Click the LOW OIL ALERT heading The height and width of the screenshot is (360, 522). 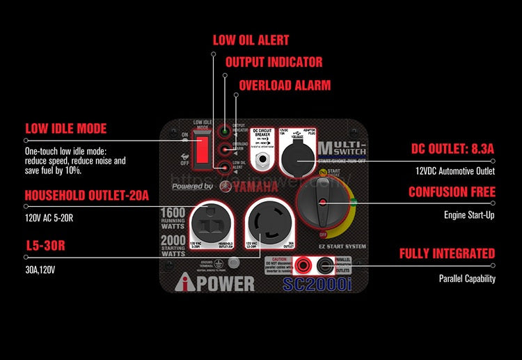click(x=251, y=40)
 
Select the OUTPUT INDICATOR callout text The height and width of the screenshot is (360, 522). click(x=274, y=62)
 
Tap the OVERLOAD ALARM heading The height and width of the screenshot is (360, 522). click(x=285, y=85)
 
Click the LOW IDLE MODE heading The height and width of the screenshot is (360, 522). click(x=66, y=128)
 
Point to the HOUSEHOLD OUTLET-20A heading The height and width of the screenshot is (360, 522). click(x=87, y=195)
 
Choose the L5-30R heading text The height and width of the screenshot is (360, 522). click(x=51, y=246)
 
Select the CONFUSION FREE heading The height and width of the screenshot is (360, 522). click(x=452, y=192)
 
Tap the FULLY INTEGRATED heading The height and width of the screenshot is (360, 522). click(x=447, y=253)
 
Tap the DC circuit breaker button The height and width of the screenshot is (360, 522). click(x=264, y=161)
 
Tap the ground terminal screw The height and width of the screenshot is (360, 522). click(x=234, y=263)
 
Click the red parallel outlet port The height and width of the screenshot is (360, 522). click(x=305, y=265)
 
